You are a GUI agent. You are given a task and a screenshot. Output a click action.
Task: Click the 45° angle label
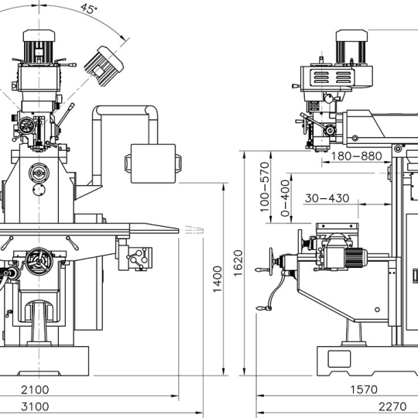click(89, 9)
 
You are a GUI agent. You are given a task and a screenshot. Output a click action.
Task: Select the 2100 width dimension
click(35, 389)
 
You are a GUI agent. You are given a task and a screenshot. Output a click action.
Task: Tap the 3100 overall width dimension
click(35, 407)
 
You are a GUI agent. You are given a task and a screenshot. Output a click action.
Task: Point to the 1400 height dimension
click(218, 279)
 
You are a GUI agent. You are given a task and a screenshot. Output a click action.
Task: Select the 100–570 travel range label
click(265, 187)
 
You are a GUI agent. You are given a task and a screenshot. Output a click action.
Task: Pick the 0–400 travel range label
click(285, 198)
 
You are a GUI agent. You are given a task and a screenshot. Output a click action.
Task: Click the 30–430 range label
click(327, 198)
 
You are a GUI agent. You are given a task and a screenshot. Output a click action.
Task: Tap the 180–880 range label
click(356, 156)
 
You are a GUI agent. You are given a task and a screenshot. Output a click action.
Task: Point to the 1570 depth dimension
click(364, 389)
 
